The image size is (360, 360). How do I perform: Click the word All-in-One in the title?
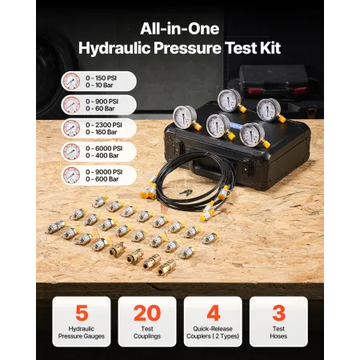[180, 25]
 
